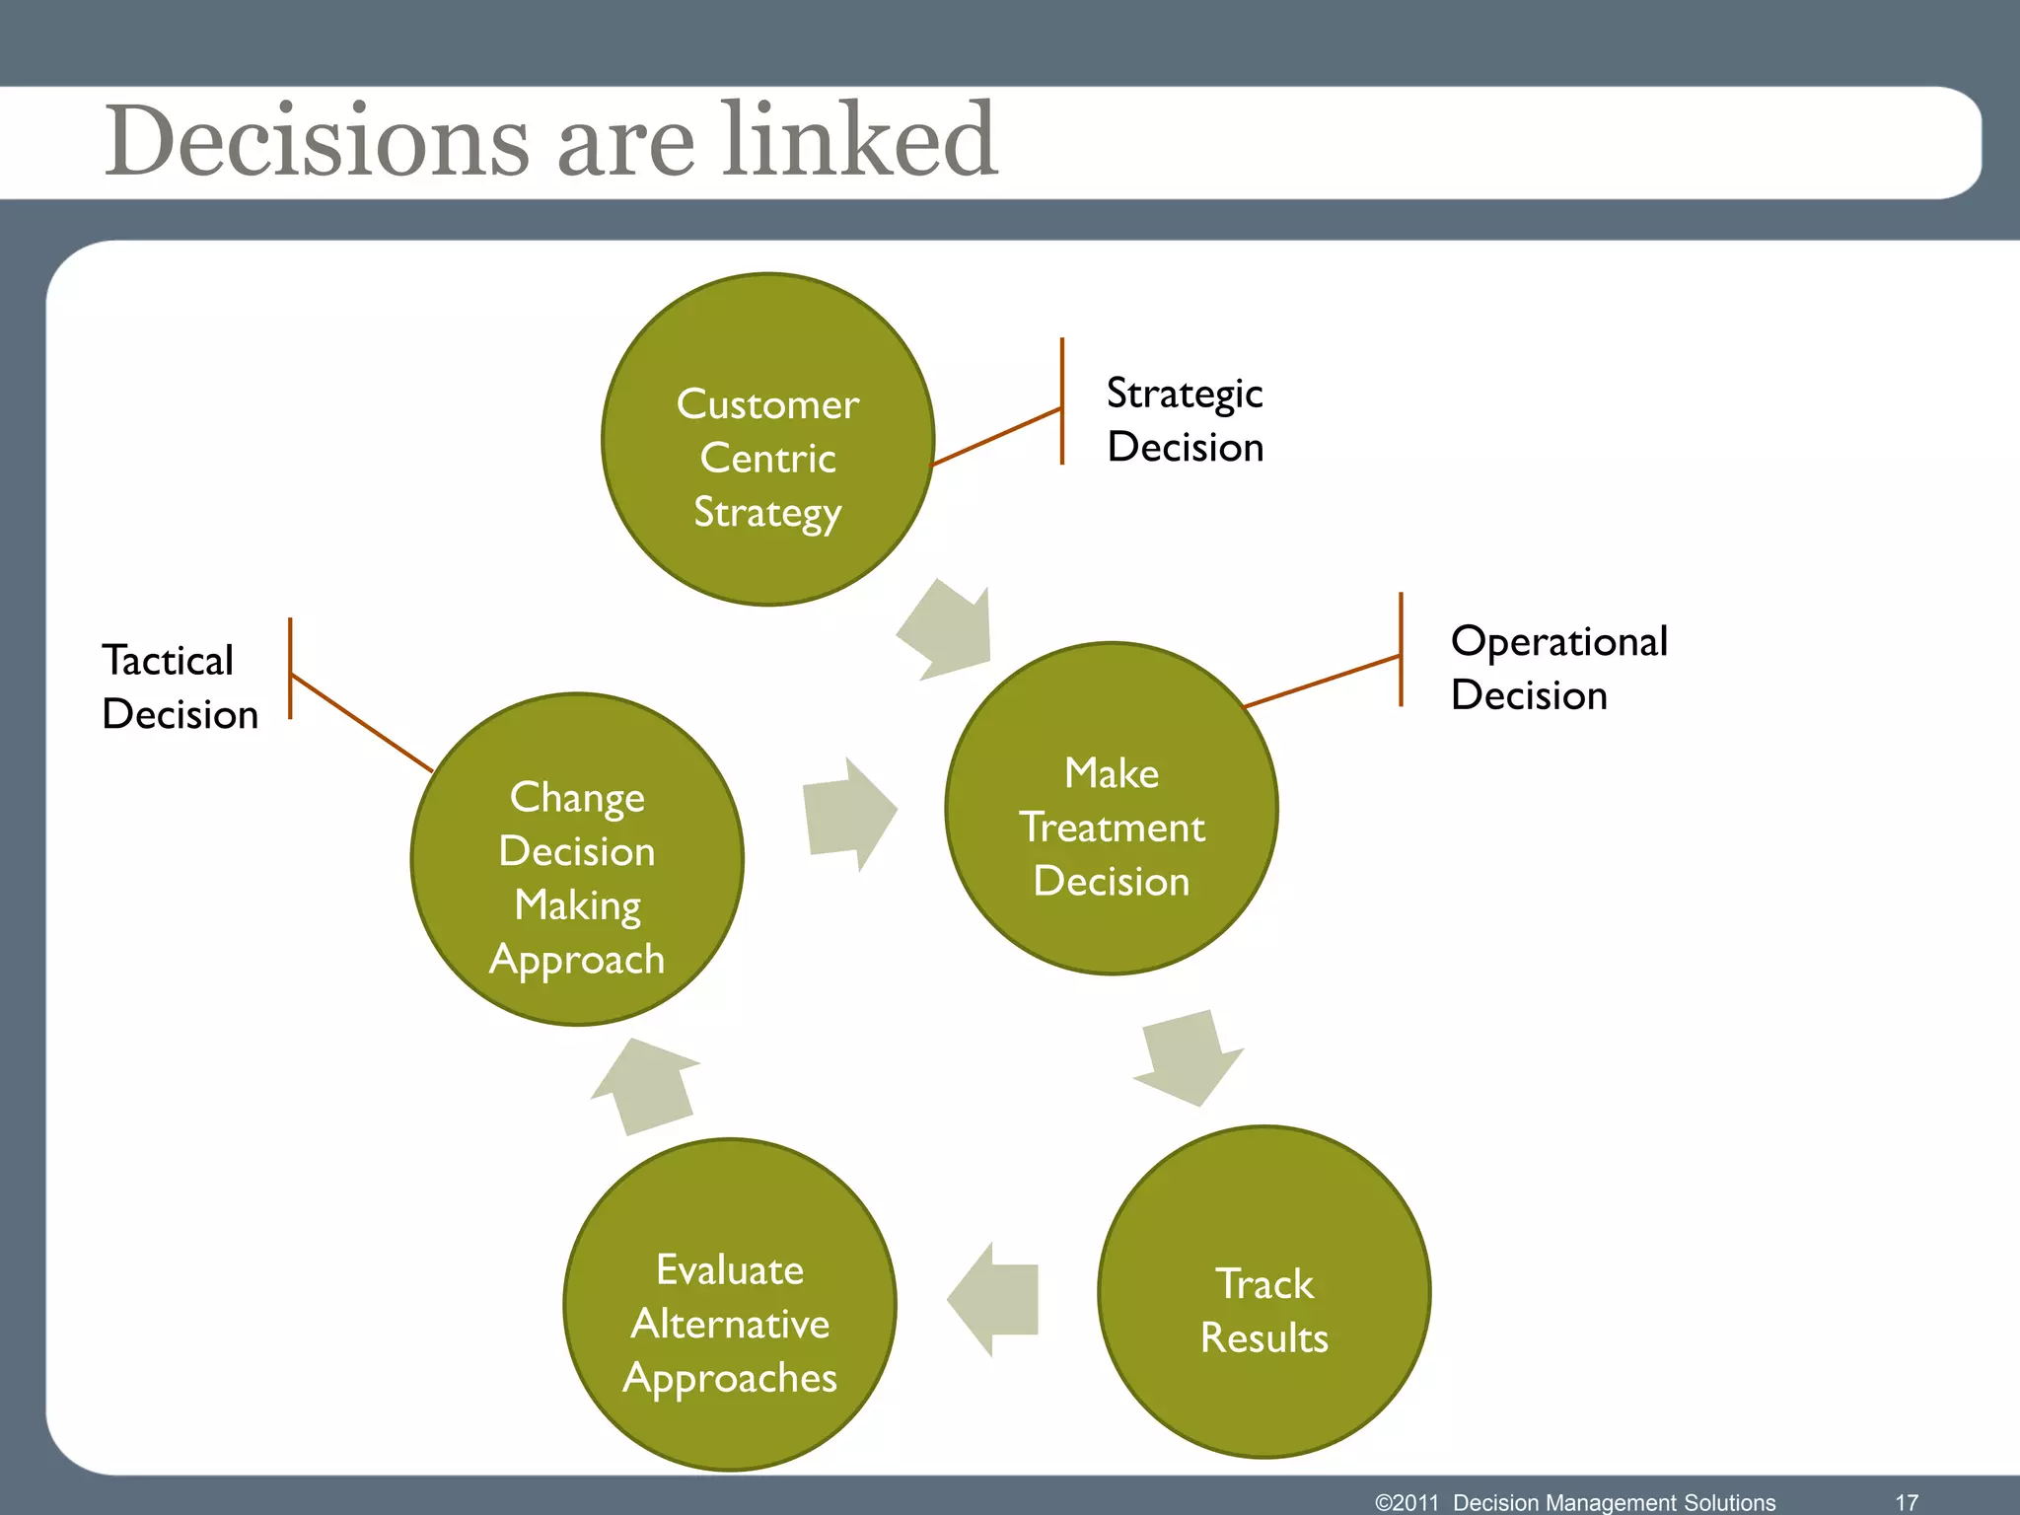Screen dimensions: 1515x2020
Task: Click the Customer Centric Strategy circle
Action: click(767, 439)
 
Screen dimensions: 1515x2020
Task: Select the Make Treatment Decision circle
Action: click(1112, 809)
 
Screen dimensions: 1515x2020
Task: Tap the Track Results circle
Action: click(1263, 1292)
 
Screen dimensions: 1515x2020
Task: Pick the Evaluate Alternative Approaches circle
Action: click(730, 1304)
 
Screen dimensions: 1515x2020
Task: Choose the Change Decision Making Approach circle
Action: click(577, 859)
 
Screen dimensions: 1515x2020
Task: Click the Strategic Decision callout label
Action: click(1185, 420)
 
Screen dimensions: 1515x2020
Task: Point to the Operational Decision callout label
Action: click(1558, 668)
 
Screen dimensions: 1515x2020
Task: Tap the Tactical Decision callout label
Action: click(180, 686)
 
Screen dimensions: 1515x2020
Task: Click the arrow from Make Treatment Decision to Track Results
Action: click(1188, 1058)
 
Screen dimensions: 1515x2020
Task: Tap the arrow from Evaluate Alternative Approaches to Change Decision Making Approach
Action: click(647, 1085)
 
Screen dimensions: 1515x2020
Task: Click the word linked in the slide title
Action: click(859, 140)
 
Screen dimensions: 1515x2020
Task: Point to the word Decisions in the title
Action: click(318, 140)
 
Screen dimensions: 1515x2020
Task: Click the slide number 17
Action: click(1907, 1502)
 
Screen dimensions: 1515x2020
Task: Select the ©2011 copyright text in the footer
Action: click(1407, 1502)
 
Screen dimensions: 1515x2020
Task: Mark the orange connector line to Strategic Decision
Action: click(996, 436)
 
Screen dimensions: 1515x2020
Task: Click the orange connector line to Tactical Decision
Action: click(362, 722)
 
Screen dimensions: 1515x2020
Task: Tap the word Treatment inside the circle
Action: click(1112, 828)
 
